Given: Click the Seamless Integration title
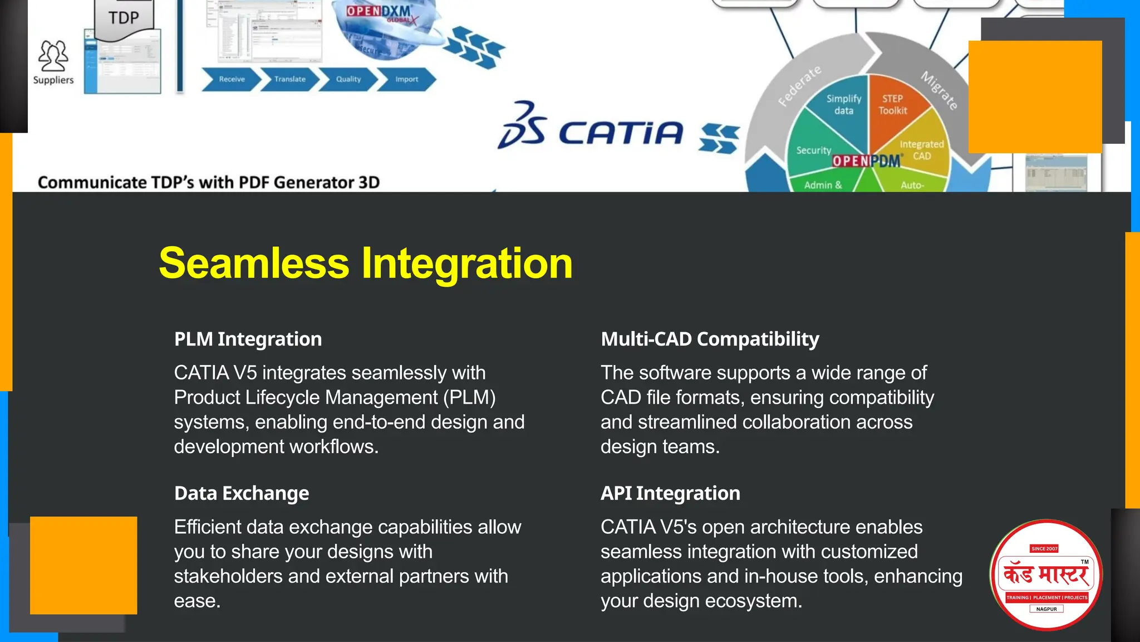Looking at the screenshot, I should pyautogui.click(x=366, y=263).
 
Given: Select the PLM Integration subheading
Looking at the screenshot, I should pyautogui.click(x=248, y=339).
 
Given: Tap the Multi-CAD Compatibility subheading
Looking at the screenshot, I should pyautogui.click(x=710, y=339).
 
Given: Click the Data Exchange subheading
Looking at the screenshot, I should pyautogui.click(x=241, y=493).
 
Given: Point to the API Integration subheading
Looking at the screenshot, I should pyautogui.click(x=670, y=493).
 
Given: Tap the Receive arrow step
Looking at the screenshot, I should pyautogui.click(x=231, y=79).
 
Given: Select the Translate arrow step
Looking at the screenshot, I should pyautogui.click(x=289, y=79).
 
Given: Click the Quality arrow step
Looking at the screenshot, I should pyautogui.click(x=348, y=79).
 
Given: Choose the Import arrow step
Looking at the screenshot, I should pyautogui.click(x=406, y=79).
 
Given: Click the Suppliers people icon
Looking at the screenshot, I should pyautogui.click(x=53, y=56).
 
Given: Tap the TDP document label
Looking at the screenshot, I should pyautogui.click(x=124, y=18).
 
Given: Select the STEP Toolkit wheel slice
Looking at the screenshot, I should pyautogui.click(x=892, y=105).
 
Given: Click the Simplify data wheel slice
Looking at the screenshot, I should pyautogui.click(x=843, y=105).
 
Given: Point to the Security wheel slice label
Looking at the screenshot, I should pyautogui.click(x=813, y=150).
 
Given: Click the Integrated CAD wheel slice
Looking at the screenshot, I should pyautogui.click(x=921, y=149).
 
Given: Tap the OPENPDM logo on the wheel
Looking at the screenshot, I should pyautogui.click(x=866, y=161).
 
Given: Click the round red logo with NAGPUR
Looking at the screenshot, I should pyautogui.click(x=1046, y=575).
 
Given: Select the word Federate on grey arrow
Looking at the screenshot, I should pyautogui.click(x=799, y=86).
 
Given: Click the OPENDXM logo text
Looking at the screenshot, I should pyautogui.click(x=379, y=12).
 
